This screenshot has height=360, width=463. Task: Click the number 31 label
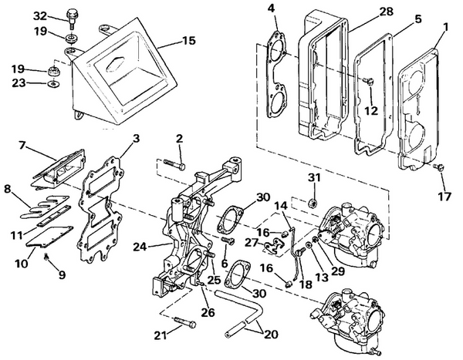click(x=314, y=180)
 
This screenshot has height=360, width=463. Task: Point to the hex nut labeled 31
click(x=313, y=202)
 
